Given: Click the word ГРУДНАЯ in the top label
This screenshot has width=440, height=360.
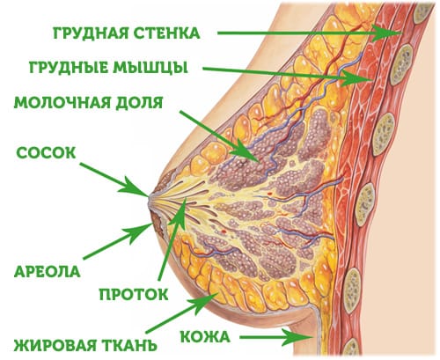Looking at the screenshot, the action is coord(91,33).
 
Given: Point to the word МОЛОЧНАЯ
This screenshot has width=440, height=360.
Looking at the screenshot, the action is coord(57,103).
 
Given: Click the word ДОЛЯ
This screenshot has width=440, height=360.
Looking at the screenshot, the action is coord(135,103).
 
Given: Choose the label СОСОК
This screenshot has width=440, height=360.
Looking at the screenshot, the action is coord(46,153).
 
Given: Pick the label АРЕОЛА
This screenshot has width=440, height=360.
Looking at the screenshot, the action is coord(47,271).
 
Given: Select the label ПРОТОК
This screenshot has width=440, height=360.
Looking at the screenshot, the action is coord(134,294).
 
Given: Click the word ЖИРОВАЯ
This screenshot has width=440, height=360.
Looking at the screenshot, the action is coord(55,345).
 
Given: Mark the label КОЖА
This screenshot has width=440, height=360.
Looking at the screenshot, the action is coord(205,337).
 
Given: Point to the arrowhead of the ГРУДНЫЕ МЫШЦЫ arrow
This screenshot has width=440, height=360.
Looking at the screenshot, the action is coord(356,78).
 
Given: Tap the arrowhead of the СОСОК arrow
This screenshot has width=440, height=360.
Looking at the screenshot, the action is coord(136,187).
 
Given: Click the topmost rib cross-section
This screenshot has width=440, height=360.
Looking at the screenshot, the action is coord(422,12).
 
